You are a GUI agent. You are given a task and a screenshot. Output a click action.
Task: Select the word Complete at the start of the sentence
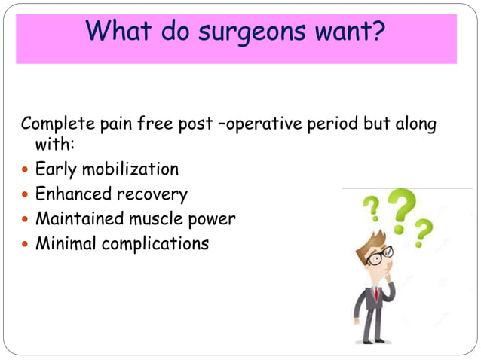(58, 124)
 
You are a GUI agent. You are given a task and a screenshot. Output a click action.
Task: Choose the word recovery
(152, 194)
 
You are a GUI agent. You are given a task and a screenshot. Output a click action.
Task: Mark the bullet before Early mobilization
(26, 170)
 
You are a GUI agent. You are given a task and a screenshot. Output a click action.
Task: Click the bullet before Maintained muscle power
(26, 220)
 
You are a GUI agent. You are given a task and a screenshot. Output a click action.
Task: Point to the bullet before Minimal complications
(26, 245)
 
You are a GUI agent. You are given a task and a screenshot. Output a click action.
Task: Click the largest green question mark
(402, 212)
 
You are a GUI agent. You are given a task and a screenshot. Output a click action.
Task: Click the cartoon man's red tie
(375, 293)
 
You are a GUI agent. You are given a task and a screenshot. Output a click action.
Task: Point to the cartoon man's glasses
(378, 256)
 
